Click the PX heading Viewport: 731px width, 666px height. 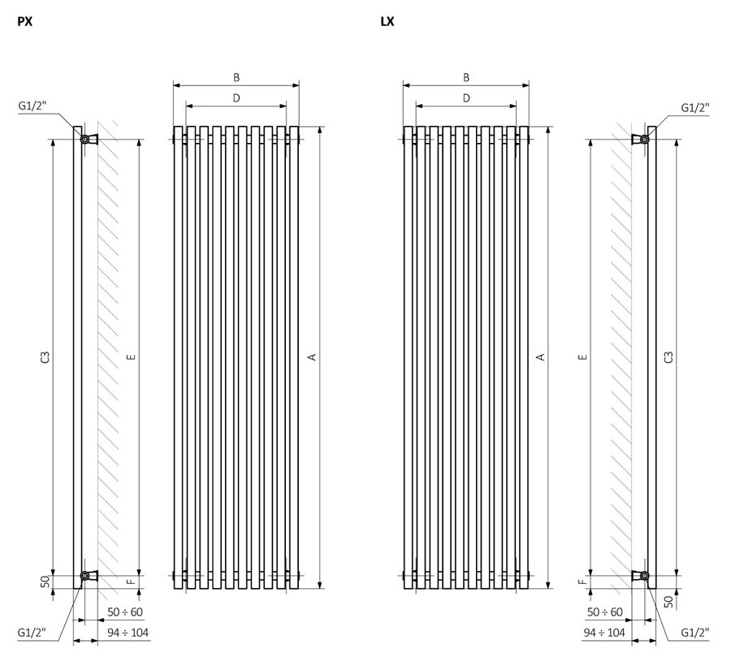click(x=24, y=21)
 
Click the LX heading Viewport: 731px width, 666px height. click(x=387, y=21)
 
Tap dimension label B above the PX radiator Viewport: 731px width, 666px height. click(x=236, y=77)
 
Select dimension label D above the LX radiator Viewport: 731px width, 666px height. click(x=466, y=98)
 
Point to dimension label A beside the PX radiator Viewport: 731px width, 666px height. click(x=313, y=357)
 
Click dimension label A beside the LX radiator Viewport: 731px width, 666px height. click(x=541, y=357)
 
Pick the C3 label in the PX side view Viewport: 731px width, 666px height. click(x=45, y=357)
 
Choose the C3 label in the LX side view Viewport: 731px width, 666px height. click(x=668, y=357)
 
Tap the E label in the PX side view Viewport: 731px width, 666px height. click(x=132, y=357)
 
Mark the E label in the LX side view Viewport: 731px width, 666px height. click(x=582, y=357)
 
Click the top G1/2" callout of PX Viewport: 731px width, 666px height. click(x=32, y=106)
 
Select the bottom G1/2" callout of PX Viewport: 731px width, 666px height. click(x=32, y=633)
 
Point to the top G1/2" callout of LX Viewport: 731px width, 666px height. click(x=695, y=108)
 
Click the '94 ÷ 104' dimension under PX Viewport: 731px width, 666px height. click(x=128, y=633)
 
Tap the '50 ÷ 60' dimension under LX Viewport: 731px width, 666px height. click(x=604, y=612)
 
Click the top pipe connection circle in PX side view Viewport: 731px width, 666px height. click(x=85, y=139)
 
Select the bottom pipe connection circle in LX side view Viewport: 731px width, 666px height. click(x=644, y=576)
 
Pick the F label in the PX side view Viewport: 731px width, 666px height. click(x=132, y=582)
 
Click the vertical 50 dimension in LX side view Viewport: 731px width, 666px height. click(x=668, y=602)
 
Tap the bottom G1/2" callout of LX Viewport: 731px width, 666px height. click(x=695, y=633)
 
